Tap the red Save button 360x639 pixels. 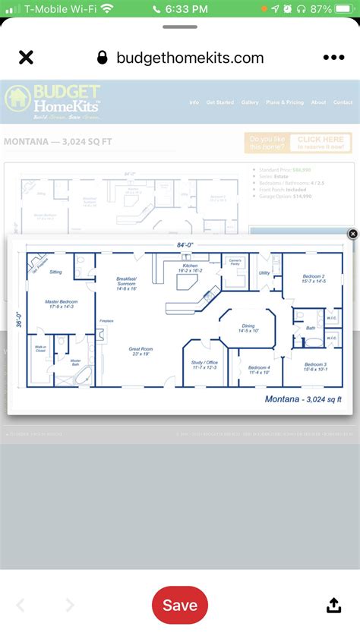tap(180, 605)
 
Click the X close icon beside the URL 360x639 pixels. tap(26, 58)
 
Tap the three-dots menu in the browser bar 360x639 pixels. tap(333, 58)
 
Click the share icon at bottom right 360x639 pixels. tap(333, 605)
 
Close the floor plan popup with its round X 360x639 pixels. tap(352, 234)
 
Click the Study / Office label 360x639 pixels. tap(204, 365)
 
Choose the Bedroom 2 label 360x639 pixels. tap(313, 279)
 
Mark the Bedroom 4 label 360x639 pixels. tap(259, 369)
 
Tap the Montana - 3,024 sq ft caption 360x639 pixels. tap(303, 399)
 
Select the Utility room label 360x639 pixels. tap(264, 272)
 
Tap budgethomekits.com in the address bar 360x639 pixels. tap(190, 58)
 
